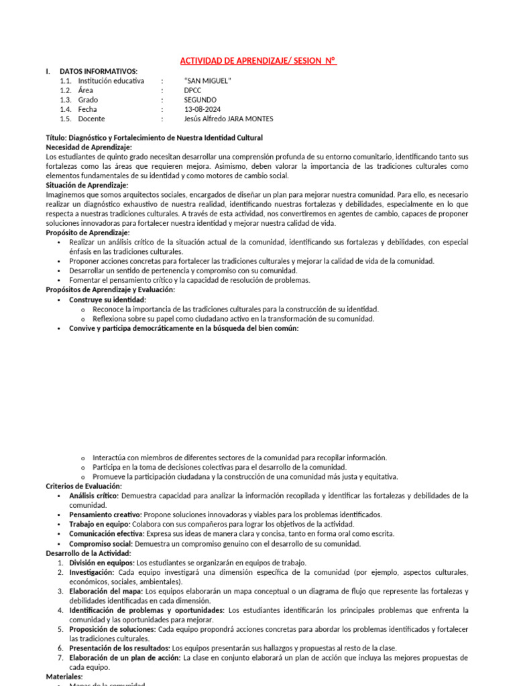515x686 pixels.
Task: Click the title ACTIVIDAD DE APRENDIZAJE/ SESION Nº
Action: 258,61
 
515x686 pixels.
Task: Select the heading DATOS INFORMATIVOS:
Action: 99,71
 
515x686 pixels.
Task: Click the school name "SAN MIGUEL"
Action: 207,80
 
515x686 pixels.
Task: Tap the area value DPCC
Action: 192,90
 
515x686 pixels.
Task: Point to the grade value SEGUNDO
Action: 200,100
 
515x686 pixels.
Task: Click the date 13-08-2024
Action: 202,109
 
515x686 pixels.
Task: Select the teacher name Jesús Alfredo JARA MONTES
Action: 228,119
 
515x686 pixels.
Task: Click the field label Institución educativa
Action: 111,80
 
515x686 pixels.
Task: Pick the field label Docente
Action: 91,119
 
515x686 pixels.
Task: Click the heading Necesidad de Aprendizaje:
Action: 89,147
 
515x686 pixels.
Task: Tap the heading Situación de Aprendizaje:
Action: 87,185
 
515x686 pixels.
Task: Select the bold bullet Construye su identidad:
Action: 107,299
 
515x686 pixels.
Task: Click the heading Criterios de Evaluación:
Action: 84,486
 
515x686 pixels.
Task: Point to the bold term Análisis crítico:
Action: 93,495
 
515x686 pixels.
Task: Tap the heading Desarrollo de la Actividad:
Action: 89,553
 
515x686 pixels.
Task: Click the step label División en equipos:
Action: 101,563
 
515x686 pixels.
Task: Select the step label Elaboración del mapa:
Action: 106,591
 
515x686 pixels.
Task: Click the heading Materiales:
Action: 64,677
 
